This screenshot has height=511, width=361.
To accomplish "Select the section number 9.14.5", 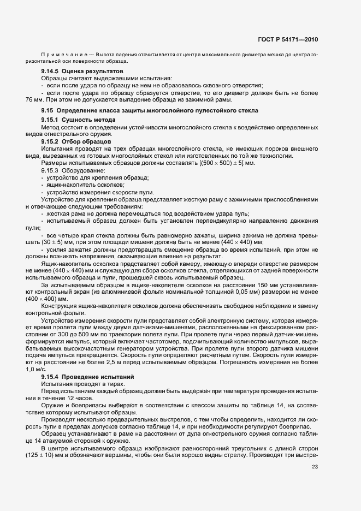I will (x=51, y=72).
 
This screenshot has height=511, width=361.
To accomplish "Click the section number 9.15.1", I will (x=51, y=119).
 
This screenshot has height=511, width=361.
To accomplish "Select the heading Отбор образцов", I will (x=89, y=141).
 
